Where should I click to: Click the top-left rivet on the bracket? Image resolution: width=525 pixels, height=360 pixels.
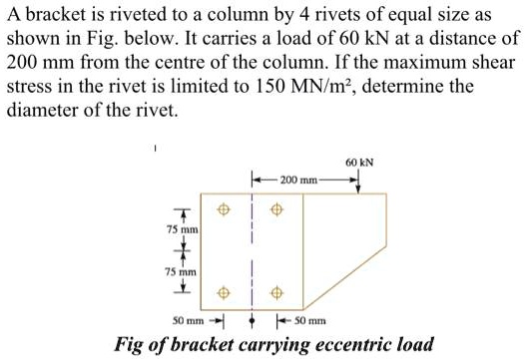tap(224, 210)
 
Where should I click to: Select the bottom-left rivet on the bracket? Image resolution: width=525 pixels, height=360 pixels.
tap(224, 293)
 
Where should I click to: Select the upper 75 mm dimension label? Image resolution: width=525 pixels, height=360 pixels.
tap(183, 229)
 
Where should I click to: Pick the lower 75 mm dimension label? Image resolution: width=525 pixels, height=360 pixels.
tap(183, 270)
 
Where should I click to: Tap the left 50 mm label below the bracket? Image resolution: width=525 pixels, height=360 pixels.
tap(188, 321)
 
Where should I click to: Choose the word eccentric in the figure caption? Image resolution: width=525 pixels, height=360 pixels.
tap(339, 345)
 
